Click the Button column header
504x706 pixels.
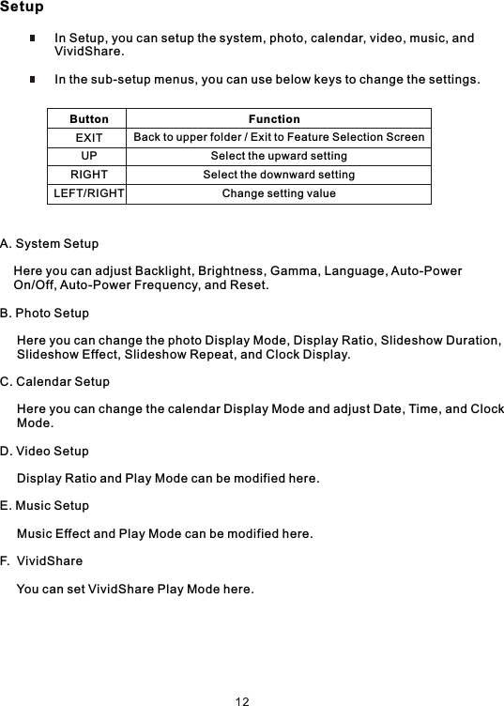pyautogui.click(x=89, y=119)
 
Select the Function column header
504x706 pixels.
pyautogui.click(x=274, y=119)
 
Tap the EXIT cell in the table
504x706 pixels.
pyautogui.click(x=89, y=138)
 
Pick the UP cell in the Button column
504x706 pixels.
pyautogui.click(x=89, y=156)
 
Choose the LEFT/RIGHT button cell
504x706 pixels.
pyautogui.click(x=88, y=193)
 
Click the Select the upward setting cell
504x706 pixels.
pyautogui.click(x=279, y=156)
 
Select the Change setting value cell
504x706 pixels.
pyautogui.click(x=279, y=193)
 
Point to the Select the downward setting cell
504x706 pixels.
pyautogui.click(x=279, y=175)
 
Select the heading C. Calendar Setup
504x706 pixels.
pyautogui.click(x=55, y=382)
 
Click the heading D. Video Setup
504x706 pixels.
pyautogui.click(x=45, y=452)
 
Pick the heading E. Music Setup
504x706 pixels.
pyautogui.click(x=45, y=506)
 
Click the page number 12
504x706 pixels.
pyautogui.click(x=242, y=700)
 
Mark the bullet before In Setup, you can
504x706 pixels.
pyautogui.click(x=32, y=39)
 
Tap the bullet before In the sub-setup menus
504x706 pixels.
pyautogui.click(x=32, y=80)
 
